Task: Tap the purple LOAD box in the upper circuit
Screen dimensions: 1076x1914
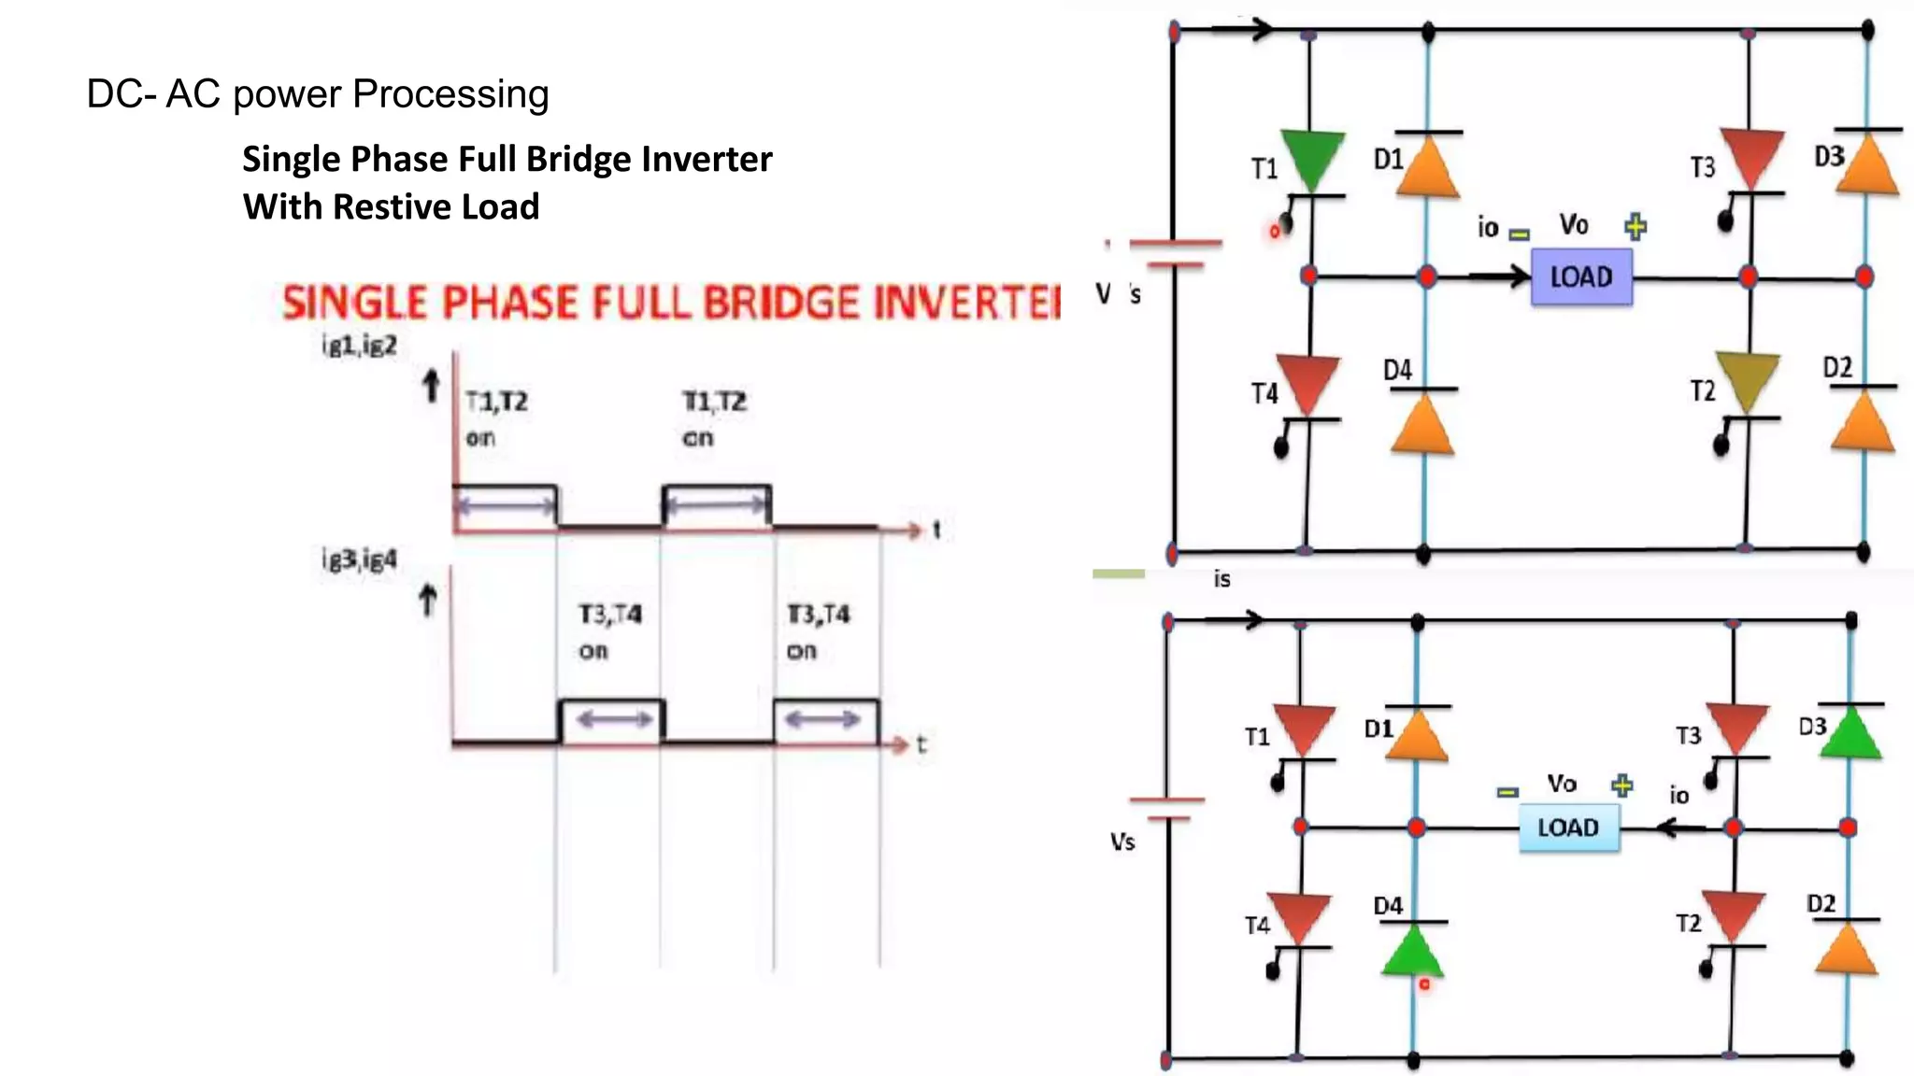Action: [1581, 277]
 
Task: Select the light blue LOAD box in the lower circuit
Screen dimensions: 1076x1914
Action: [1568, 828]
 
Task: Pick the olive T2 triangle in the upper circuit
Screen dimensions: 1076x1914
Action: [1747, 381]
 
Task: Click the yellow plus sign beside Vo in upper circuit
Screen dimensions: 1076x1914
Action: [1635, 226]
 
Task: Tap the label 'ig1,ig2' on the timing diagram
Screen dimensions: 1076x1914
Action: [360, 346]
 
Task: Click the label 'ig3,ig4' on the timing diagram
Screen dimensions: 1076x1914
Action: [360, 559]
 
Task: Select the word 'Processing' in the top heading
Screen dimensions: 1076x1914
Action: [450, 94]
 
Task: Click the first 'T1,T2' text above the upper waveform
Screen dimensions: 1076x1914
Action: [496, 402]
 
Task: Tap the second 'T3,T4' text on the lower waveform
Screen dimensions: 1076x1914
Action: [819, 615]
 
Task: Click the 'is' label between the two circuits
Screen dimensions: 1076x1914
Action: [1221, 579]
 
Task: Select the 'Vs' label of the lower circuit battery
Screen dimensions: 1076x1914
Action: [1122, 842]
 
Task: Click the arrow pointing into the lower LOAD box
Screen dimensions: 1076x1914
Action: [1681, 828]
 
